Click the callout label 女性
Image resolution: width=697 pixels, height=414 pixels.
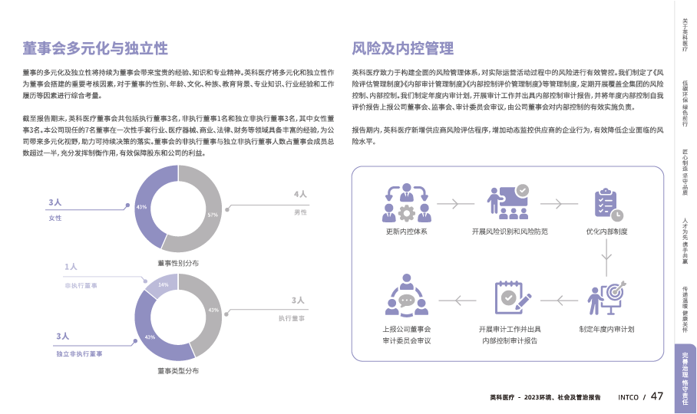55,219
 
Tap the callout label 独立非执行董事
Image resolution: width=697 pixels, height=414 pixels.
79,354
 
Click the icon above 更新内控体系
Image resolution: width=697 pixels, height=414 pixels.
408,202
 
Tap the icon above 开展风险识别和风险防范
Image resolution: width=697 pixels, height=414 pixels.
509,202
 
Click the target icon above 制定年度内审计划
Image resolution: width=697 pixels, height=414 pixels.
607,299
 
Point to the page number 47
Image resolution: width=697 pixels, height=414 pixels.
657,396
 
